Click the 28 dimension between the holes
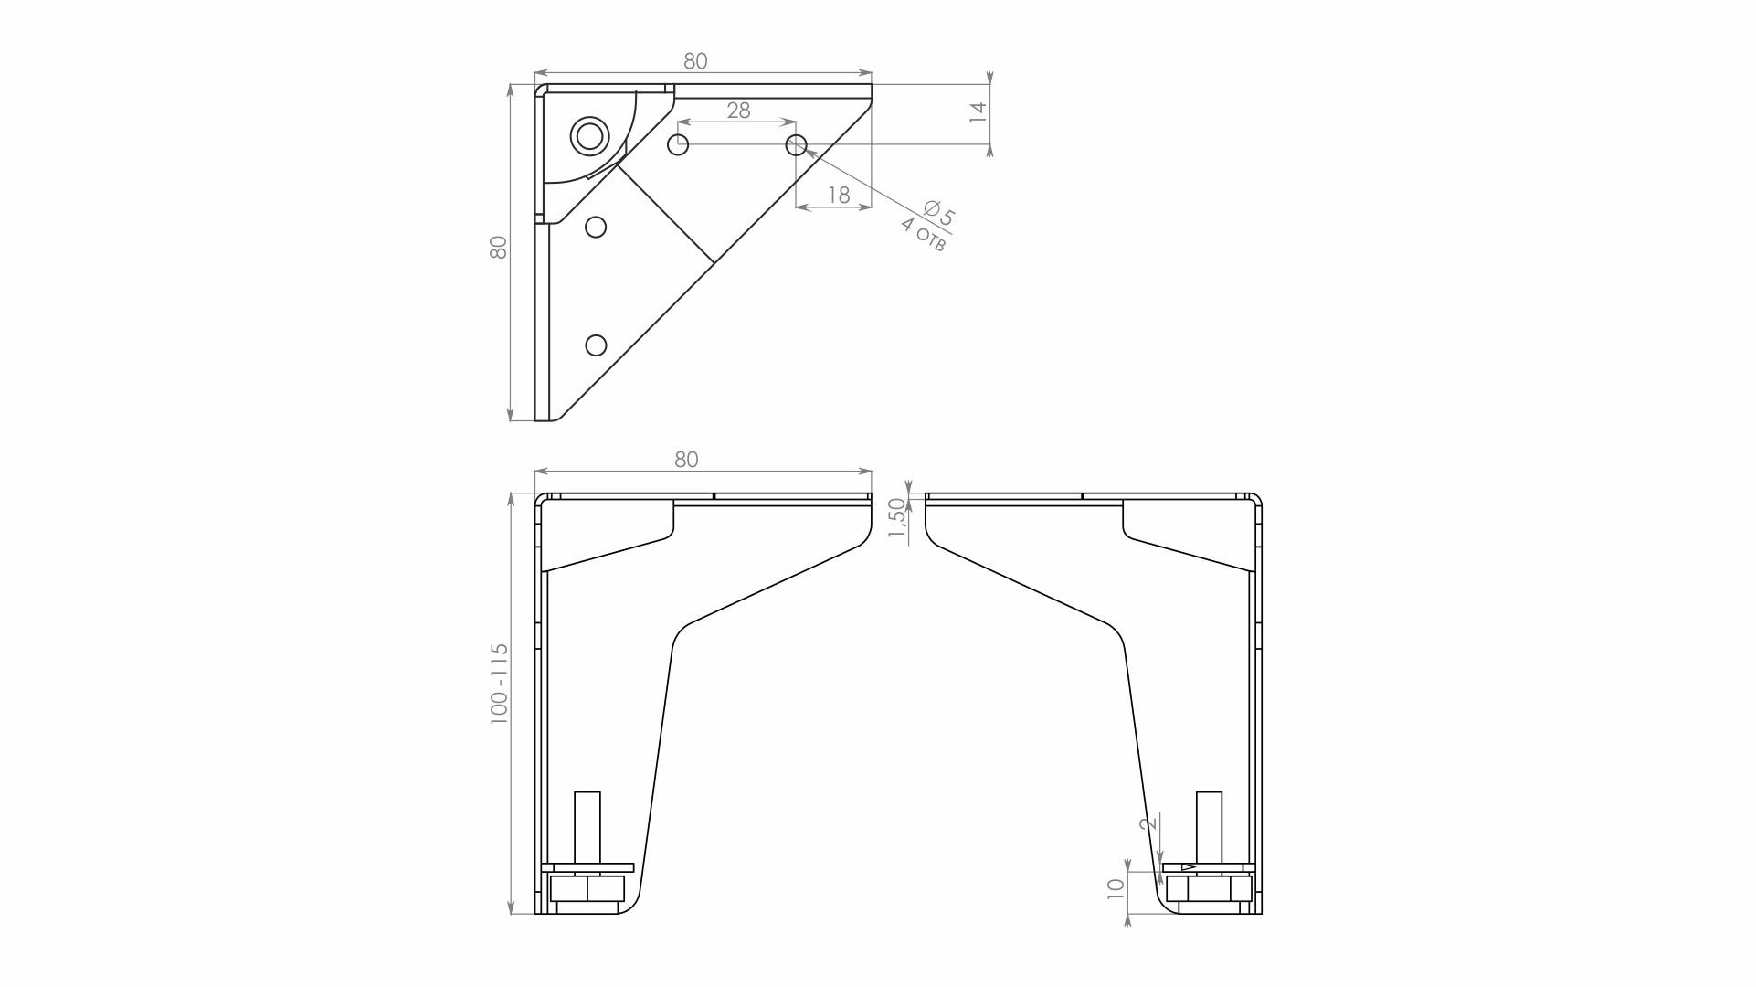(x=738, y=111)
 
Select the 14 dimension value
(x=978, y=112)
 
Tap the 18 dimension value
(x=839, y=195)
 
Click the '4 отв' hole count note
(x=923, y=235)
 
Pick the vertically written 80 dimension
(x=499, y=248)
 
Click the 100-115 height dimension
(x=499, y=684)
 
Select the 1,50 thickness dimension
(x=897, y=521)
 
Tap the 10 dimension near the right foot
(x=1116, y=888)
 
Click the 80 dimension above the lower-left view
(x=686, y=460)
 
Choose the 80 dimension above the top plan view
(x=695, y=61)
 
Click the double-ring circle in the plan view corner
(x=590, y=136)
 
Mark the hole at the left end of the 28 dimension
(x=678, y=144)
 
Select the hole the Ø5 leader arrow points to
(x=797, y=144)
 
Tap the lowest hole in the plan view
(x=596, y=345)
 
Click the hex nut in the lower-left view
(x=587, y=888)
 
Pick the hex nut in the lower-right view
(x=1209, y=888)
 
